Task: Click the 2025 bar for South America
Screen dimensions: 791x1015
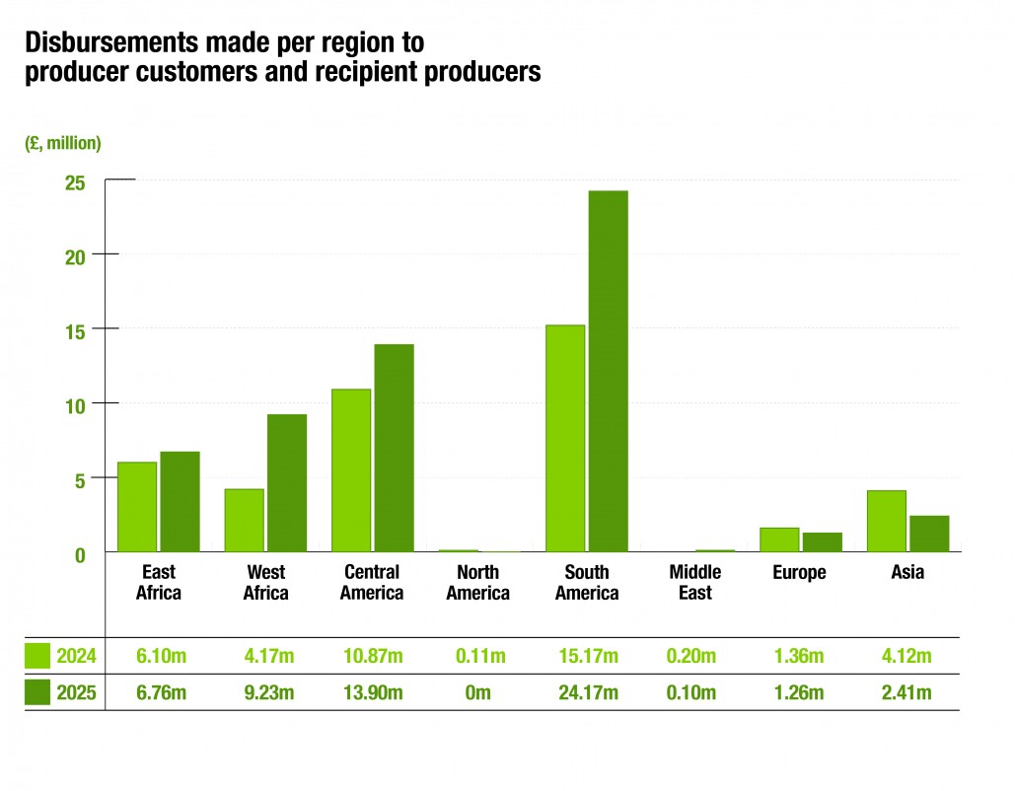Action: coord(608,371)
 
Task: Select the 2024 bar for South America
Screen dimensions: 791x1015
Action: coord(565,438)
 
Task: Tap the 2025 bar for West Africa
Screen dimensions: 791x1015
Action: coord(287,482)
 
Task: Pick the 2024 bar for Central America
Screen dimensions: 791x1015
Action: coord(351,469)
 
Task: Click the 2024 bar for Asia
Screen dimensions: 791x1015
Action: coord(886,521)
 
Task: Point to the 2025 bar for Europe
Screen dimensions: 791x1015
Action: coord(823,541)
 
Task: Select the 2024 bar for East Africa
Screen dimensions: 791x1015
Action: coord(137,506)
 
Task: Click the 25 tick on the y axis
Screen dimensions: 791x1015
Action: coord(75,182)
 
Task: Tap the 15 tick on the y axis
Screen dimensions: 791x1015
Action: coord(75,328)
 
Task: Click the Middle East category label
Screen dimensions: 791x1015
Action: coord(695,582)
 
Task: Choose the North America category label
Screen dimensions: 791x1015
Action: coord(478,582)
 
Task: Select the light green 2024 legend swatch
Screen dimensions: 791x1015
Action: coord(37,656)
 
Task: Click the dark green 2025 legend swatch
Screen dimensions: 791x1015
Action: coord(37,692)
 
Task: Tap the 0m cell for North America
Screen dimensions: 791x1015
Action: coord(478,692)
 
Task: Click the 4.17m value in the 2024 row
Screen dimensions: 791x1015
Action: coord(266,656)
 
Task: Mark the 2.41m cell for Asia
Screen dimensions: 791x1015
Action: coord(907,692)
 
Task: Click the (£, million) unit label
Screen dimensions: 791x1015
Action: coord(63,143)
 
